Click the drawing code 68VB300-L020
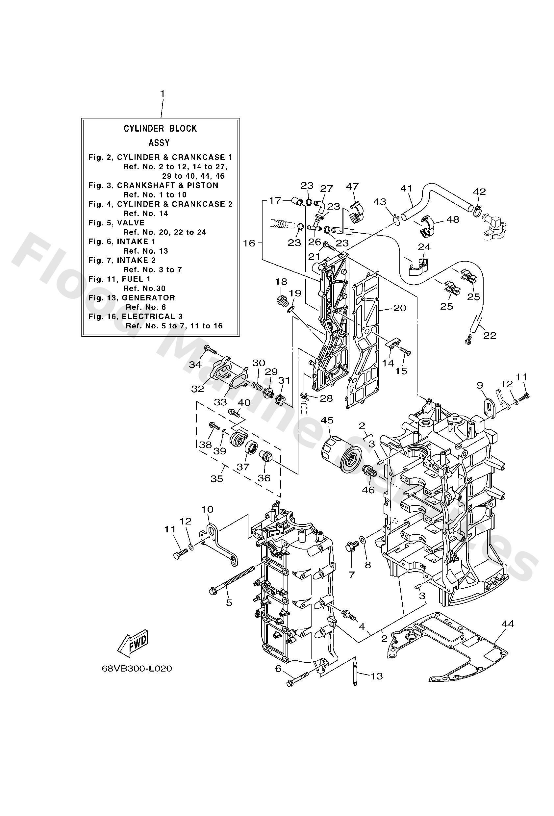pos(137,669)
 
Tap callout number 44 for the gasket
pos(508,624)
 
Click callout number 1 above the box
pos(162,94)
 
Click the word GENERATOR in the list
pos(148,298)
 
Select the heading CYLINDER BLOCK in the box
pos(160,129)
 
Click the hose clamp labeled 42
pos(478,211)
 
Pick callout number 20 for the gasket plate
pos(399,308)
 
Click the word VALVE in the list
pos(131,223)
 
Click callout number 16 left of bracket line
pos(249,243)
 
